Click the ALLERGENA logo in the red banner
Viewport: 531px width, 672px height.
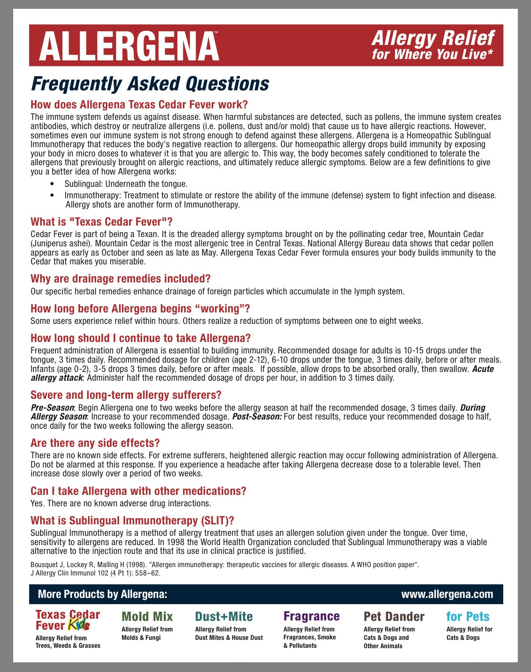coord(129,46)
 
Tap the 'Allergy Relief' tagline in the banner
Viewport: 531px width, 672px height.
coord(433,38)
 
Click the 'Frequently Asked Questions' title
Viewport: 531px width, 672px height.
coord(150,84)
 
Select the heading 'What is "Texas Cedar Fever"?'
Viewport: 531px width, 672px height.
coord(101,222)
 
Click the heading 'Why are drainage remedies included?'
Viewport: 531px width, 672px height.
coord(121,278)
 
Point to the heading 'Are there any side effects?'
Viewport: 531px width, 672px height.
coord(95,443)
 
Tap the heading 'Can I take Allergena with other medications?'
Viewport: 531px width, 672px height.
coord(138,491)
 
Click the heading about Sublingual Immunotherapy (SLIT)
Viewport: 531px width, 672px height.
coord(132,520)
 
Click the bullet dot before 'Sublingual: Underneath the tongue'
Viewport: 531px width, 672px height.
coord(53,184)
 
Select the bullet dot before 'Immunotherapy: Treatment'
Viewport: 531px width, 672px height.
coord(53,195)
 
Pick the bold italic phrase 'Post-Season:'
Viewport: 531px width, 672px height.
coord(257,417)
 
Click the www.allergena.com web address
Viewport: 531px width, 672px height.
coord(447,594)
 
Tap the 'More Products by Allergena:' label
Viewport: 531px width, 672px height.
coord(103,594)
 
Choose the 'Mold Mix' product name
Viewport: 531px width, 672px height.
coord(147,616)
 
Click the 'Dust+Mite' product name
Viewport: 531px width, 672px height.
coord(224,616)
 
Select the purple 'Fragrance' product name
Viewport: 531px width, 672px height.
coord(311,616)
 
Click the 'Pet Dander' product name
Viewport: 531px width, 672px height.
coord(394,616)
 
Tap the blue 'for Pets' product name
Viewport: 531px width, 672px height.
coord(468,616)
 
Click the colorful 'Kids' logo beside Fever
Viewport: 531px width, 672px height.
coord(79,625)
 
